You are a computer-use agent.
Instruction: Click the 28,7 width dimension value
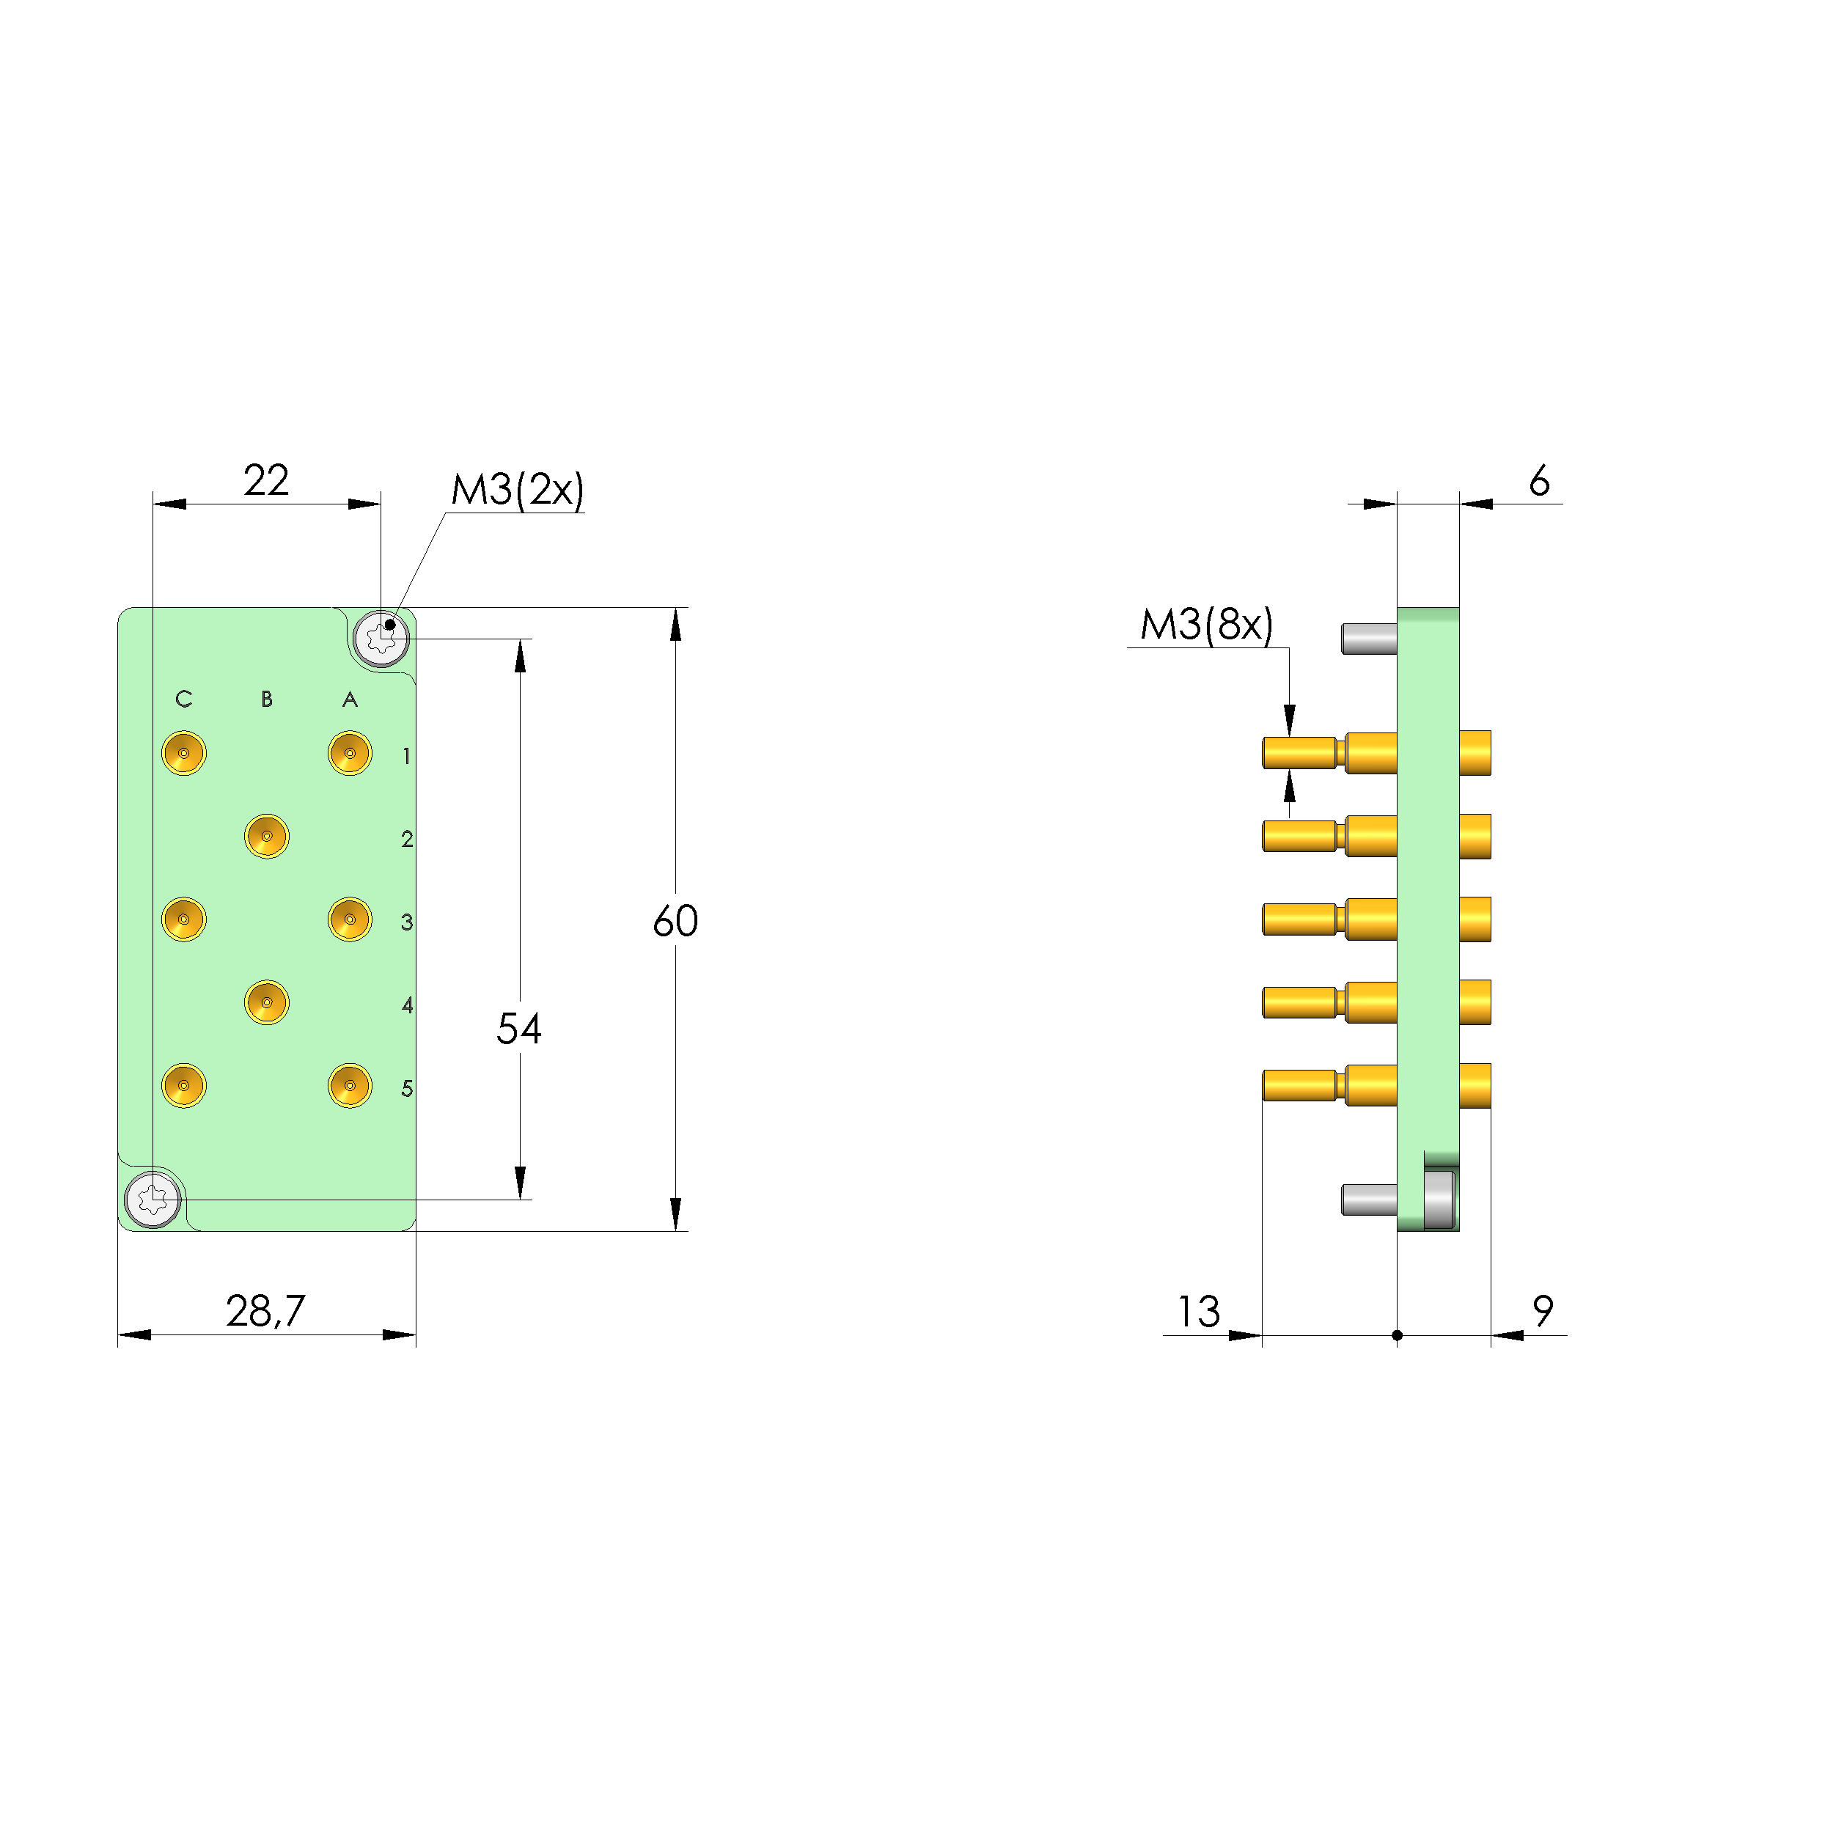click(265, 1312)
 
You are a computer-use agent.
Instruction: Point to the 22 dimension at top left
click(265, 480)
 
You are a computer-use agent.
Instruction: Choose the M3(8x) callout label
click(1206, 625)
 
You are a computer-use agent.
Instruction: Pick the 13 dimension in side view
click(1198, 1312)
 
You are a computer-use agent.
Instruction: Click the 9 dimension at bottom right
click(1543, 1312)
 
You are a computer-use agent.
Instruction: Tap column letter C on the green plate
click(183, 699)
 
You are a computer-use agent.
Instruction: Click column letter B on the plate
click(267, 699)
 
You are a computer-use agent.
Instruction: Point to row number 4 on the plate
click(408, 1005)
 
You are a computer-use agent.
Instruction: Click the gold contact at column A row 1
click(350, 754)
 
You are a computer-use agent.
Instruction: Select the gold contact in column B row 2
click(267, 837)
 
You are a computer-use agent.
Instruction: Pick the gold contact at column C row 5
click(183, 1085)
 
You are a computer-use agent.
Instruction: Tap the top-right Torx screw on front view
click(381, 639)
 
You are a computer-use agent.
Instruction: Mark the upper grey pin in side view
click(1368, 639)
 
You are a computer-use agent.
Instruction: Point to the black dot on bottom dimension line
click(1397, 1335)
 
